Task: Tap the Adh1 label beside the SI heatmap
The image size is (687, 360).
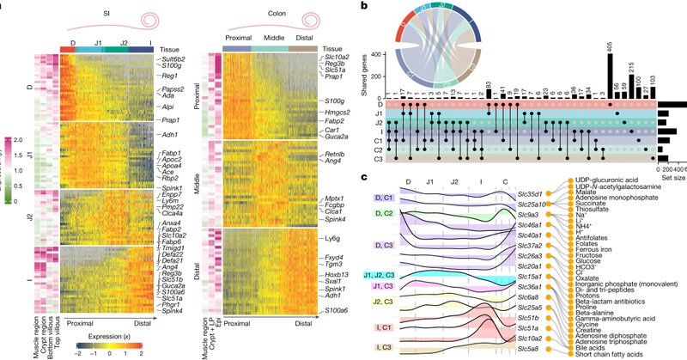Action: point(169,135)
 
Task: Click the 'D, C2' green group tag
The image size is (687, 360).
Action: point(383,212)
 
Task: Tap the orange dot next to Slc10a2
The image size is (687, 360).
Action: point(566,338)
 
